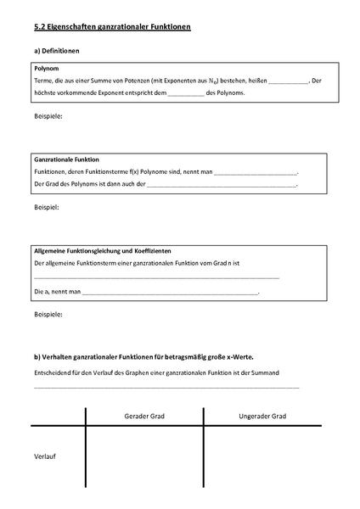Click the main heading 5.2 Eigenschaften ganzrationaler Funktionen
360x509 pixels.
[111, 28]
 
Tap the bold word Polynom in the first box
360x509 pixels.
[47, 69]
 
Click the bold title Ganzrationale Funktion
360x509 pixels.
[67, 159]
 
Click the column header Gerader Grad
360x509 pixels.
[144, 417]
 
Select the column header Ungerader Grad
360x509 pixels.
[262, 417]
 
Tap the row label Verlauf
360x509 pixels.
[45, 456]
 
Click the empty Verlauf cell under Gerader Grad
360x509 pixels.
[144, 462]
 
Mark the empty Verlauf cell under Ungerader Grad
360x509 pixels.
[262, 462]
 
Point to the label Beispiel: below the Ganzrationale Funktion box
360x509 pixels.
[46, 207]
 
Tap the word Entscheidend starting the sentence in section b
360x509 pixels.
[52, 372]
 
